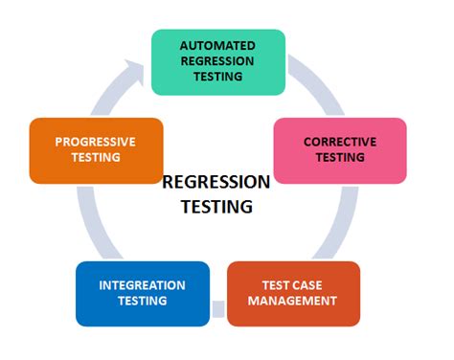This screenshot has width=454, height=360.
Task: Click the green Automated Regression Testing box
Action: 218,62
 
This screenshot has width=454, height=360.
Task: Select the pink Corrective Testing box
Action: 340,150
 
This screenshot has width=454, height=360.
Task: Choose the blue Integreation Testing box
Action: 141,294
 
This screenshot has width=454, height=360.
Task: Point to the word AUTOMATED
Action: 218,45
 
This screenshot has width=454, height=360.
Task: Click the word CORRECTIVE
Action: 340,143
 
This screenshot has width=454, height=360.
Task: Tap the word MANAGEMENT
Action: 294,302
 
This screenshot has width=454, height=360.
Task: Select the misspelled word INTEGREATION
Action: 142,285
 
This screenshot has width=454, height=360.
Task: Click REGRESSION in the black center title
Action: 216,182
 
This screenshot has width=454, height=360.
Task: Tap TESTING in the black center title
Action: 216,206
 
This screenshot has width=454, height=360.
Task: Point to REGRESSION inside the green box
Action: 218,61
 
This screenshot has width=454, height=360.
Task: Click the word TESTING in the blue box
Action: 142,302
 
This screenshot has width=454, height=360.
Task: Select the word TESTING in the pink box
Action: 340,159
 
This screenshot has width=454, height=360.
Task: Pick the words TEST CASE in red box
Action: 294,285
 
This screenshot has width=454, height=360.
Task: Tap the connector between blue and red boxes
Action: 217,308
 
